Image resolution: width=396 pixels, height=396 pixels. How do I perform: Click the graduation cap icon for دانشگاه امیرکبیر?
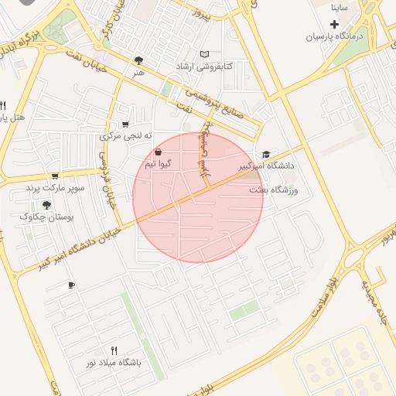coord(267,154)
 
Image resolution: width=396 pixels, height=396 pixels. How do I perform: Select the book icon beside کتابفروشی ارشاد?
coord(204,54)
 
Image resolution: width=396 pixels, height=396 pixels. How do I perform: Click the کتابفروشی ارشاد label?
coord(204,66)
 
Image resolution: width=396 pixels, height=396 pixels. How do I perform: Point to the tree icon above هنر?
coord(138,60)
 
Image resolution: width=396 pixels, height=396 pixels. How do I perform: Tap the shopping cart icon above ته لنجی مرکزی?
coord(125,125)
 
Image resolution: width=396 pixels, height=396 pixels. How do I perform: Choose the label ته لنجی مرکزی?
coord(122,136)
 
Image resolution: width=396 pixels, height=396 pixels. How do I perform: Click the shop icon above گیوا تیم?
coord(159,152)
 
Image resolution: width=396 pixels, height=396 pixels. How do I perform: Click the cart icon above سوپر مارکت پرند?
coord(55,176)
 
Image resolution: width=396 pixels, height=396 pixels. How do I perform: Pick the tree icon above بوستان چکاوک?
coord(46,205)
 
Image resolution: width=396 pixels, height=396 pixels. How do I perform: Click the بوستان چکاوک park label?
coord(47,217)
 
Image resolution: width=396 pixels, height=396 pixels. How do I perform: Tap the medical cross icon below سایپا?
coord(334,25)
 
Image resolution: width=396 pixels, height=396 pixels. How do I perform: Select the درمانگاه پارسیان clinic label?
coord(333,36)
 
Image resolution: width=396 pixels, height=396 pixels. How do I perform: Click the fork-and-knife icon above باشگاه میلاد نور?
coord(114,350)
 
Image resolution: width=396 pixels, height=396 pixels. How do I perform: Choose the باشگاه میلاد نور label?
coord(114,362)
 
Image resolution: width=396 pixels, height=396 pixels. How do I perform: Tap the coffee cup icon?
coord(71,285)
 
